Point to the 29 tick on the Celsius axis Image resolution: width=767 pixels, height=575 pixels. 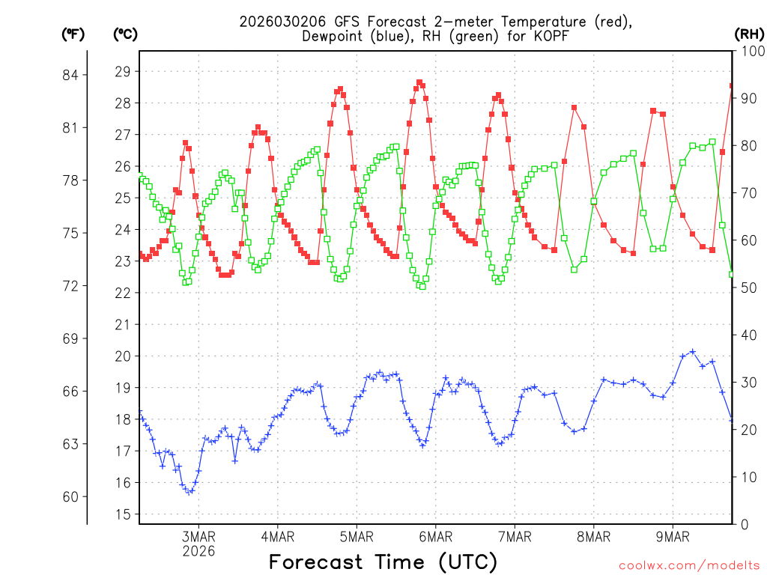(x=122, y=72)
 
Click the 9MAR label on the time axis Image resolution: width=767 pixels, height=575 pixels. (x=672, y=537)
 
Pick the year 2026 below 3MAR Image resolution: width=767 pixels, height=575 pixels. (x=198, y=551)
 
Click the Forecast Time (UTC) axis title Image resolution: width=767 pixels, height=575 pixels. (x=383, y=562)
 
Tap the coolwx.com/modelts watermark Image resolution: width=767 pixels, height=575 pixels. (x=689, y=564)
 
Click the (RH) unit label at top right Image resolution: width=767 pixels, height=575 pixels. (x=749, y=34)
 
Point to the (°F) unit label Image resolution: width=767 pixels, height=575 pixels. (x=73, y=34)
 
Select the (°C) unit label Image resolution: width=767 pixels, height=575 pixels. (x=125, y=34)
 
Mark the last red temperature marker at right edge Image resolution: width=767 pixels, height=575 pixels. (x=732, y=86)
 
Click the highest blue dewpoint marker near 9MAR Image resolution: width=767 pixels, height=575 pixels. (x=692, y=351)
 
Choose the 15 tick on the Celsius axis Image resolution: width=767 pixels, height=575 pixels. (x=122, y=514)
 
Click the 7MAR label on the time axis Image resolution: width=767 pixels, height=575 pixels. (x=514, y=537)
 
